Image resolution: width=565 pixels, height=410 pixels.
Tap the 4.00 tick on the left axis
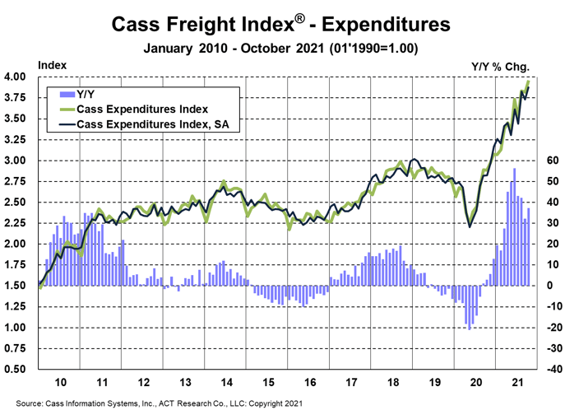tap(16, 77)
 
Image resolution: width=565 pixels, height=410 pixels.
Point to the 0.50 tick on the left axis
tap(16, 369)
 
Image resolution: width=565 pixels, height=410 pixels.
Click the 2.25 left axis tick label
tap(16, 223)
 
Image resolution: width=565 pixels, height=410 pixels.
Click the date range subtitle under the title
tap(282, 48)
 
